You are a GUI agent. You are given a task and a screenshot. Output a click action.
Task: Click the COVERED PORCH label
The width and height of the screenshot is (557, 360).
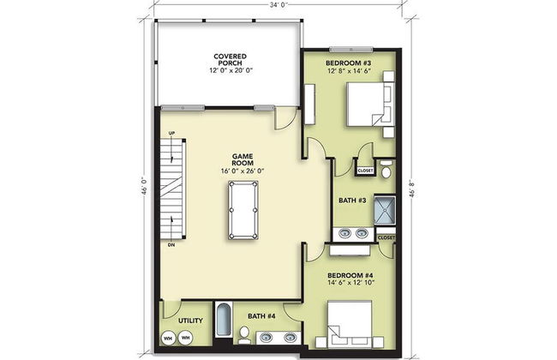(x=226, y=58)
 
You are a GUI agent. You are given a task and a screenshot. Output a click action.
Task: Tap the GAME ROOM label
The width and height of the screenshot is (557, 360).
(x=241, y=158)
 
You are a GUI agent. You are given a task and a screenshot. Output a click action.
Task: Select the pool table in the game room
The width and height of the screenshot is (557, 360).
(x=240, y=211)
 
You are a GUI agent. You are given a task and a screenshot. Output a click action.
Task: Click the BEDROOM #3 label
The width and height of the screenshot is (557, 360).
(x=348, y=64)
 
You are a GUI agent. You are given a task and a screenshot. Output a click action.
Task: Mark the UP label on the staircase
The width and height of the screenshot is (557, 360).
(x=172, y=133)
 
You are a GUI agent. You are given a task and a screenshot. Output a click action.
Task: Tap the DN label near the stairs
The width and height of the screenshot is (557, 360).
(x=172, y=244)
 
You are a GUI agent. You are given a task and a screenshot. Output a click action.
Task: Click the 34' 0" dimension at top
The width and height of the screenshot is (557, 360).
(x=276, y=6)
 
